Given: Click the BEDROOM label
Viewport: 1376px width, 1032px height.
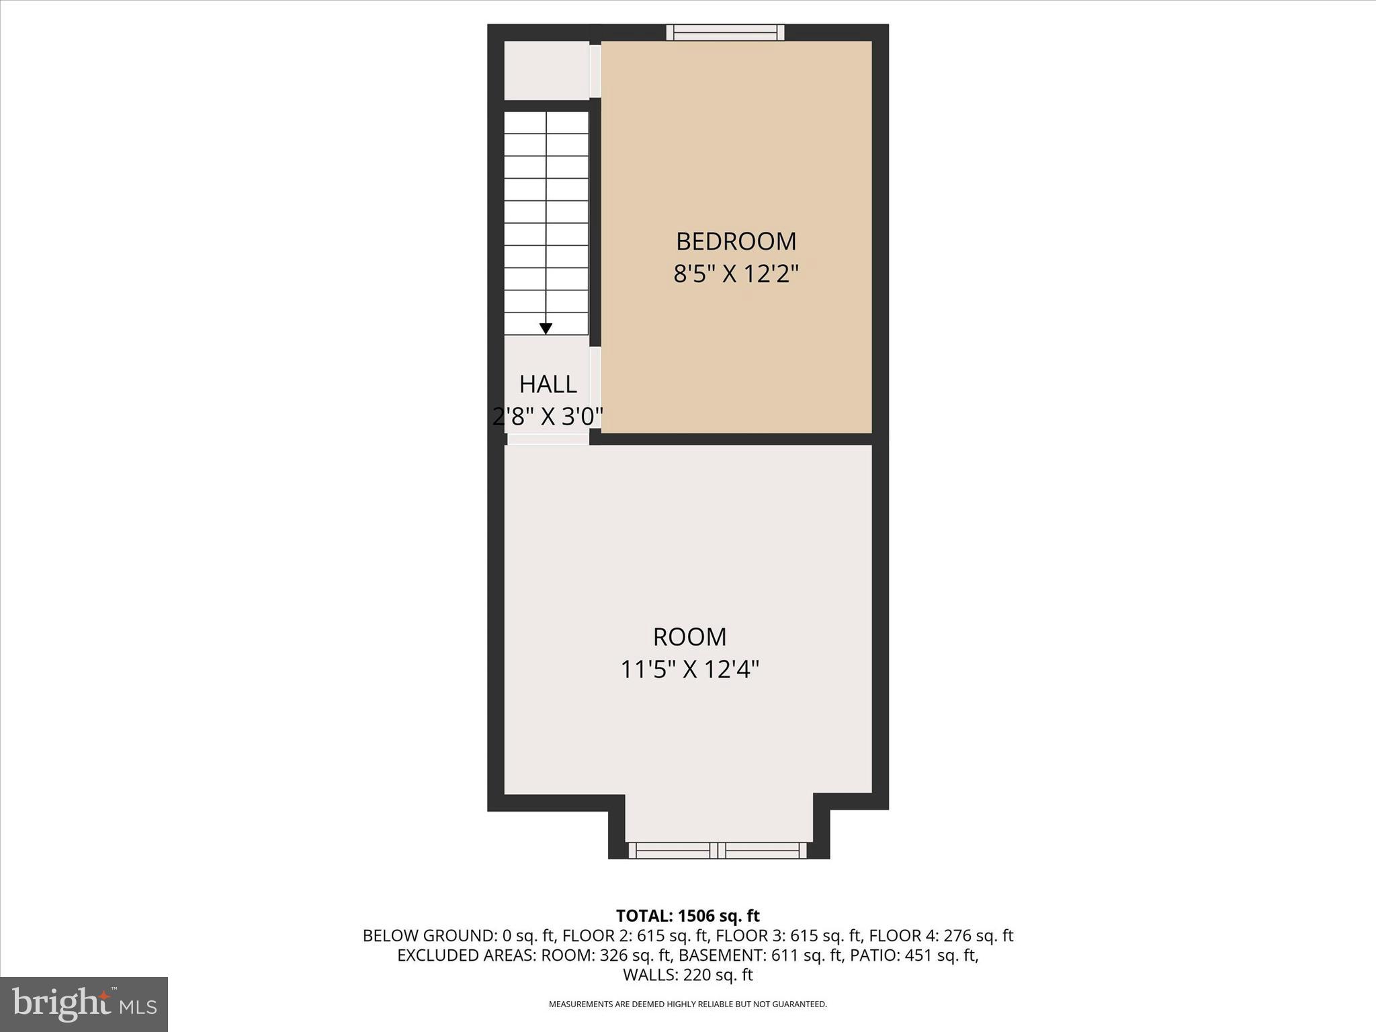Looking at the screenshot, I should (x=736, y=241).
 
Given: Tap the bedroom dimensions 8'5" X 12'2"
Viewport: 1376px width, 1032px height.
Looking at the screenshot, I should (x=736, y=274).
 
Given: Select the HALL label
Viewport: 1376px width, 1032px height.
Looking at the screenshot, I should (x=548, y=384).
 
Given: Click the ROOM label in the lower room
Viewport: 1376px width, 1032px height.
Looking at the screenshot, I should (x=689, y=636).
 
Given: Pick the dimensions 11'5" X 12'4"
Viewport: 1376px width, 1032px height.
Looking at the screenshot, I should (x=689, y=669).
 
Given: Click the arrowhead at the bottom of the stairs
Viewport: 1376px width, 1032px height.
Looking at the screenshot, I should (x=546, y=329).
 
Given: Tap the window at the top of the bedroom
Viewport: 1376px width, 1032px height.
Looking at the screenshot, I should (x=725, y=32).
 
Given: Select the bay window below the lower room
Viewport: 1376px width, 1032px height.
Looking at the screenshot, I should (x=718, y=851).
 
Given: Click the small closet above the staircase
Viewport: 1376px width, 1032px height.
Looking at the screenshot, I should (x=546, y=71).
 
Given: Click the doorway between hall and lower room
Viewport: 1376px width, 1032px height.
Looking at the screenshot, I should (x=548, y=439).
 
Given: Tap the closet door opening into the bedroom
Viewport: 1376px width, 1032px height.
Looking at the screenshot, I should (x=595, y=71).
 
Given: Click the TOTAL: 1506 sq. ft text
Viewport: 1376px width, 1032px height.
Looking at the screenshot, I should (x=687, y=916).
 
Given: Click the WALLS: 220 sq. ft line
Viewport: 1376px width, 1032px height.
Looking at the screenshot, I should (x=687, y=974).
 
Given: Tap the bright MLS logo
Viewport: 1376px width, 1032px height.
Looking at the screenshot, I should (x=84, y=1004).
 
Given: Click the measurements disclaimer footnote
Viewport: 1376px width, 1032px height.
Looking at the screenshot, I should (x=687, y=1004).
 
